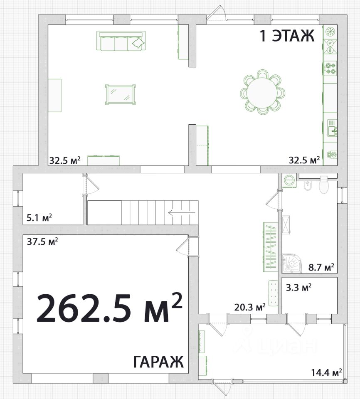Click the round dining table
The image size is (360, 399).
262,92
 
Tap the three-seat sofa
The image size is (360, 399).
121,41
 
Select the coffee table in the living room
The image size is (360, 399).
120,94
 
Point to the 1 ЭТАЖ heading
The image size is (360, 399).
287,35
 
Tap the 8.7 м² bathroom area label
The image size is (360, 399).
321,267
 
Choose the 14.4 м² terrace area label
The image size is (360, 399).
326,372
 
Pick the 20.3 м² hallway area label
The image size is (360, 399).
250,307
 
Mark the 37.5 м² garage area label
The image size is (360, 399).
42,241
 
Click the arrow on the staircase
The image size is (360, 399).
182,212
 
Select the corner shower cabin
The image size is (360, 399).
292,263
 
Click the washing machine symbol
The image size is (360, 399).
289,180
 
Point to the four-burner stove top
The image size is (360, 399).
330,68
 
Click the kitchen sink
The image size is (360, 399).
332,128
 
